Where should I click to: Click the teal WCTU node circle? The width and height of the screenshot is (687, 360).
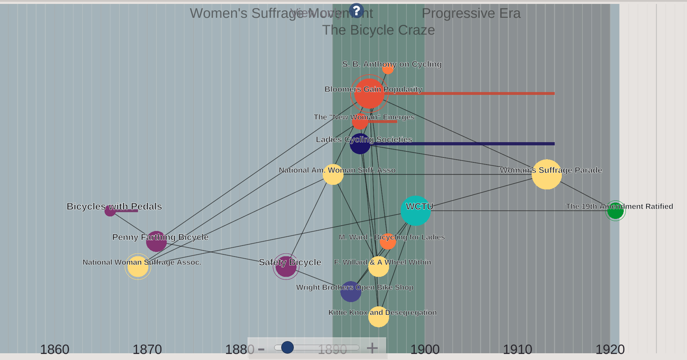(x=415, y=211)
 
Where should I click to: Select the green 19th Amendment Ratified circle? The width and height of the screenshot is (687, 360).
(x=615, y=211)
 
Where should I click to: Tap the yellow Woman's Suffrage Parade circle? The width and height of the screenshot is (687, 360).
(x=547, y=174)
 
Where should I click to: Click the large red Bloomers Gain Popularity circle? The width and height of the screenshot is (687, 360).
(x=369, y=93)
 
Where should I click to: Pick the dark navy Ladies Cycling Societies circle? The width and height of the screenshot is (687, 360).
(x=360, y=144)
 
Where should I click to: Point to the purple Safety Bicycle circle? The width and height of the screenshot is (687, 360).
(x=286, y=266)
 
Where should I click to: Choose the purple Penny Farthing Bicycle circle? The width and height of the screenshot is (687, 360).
(x=156, y=241)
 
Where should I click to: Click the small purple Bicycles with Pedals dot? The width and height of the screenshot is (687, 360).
(x=110, y=211)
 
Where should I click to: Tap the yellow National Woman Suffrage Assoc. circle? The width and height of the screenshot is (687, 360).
(x=138, y=266)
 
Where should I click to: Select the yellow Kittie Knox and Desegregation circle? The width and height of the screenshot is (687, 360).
(x=378, y=317)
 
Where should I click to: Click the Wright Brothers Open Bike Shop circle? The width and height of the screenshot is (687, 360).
(x=351, y=291)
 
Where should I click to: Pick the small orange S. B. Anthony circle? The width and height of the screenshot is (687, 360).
(x=388, y=69)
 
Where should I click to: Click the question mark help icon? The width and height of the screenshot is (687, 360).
(x=356, y=11)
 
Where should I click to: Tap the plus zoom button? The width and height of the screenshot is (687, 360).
(x=372, y=348)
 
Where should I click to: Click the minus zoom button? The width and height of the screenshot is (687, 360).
(x=261, y=349)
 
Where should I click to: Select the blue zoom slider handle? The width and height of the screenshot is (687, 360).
(x=287, y=347)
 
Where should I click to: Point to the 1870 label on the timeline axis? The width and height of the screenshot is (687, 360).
(x=147, y=349)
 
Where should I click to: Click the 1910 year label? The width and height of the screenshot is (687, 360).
(x=517, y=349)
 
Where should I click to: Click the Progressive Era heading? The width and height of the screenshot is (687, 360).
(x=471, y=14)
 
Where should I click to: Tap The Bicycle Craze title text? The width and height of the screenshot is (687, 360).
(x=378, y=30)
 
